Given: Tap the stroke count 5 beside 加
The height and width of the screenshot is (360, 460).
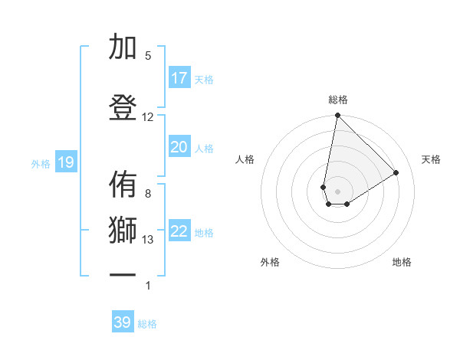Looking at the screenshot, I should point(148,56).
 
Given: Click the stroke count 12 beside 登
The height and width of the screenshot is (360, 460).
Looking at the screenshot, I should point(148,117).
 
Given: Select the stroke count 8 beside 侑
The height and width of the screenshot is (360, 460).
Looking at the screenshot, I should point(148,194).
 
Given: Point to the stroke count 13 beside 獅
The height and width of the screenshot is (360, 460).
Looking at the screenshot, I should point(148,240).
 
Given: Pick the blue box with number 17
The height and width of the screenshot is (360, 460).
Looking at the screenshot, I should point(179,78).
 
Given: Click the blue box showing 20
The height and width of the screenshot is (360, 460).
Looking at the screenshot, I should point(179,147).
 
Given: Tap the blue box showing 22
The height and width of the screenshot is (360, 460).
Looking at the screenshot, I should point(179,231).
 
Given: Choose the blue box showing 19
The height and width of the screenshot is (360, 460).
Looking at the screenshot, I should point(66,162).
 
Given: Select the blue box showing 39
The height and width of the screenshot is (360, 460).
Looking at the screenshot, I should point(123,322).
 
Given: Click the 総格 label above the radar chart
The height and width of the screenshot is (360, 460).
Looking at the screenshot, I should point(338,100).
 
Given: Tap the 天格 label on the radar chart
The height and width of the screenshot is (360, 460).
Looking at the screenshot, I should point(432,159).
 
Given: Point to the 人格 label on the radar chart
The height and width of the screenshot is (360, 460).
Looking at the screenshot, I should point(245,159).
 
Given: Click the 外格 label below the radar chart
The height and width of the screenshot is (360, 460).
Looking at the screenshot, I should point(270,262).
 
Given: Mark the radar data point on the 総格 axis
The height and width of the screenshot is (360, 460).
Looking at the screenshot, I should point(337,116).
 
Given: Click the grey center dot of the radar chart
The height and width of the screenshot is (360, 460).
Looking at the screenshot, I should point(337,191).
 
